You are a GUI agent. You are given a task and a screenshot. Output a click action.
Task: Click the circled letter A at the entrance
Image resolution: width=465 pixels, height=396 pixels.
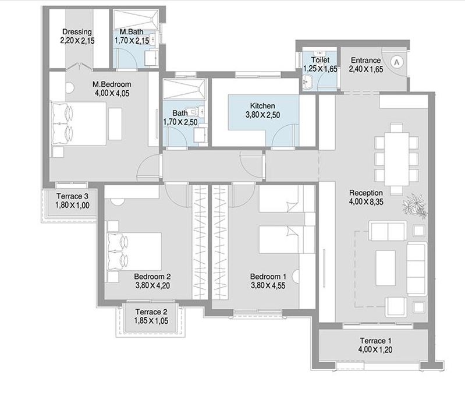coord(397,62)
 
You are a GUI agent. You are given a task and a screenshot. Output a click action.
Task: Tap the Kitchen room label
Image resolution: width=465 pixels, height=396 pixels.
coord(262,106)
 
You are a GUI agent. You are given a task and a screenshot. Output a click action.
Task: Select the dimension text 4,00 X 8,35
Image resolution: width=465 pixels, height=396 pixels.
coord(366,202)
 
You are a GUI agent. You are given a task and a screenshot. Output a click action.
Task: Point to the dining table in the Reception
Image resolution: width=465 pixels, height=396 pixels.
coord(396,159)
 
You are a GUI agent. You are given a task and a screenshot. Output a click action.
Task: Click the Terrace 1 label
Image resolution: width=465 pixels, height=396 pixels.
coord(375,341)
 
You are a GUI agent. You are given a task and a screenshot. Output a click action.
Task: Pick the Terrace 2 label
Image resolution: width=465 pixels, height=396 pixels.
coord(151,312)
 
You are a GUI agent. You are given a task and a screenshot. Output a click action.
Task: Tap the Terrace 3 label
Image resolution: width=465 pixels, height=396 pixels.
coord(72,196)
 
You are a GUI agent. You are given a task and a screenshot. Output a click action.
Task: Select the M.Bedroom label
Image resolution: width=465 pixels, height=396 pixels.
coord(112,84)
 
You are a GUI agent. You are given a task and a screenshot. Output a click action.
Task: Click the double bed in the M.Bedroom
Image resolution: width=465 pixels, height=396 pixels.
coord(79,124)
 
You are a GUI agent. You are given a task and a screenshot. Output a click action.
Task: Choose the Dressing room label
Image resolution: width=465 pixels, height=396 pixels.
coord(77,32)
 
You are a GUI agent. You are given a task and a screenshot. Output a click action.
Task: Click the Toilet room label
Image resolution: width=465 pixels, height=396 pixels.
coord(320,60)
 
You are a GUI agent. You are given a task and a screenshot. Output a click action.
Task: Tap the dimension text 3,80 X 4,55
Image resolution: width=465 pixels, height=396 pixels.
coord(268,285)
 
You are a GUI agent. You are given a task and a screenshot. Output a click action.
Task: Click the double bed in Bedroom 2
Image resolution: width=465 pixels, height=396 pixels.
coord(134,252)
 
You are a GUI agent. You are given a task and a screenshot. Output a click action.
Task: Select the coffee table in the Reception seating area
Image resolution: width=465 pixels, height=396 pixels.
coord(385,268)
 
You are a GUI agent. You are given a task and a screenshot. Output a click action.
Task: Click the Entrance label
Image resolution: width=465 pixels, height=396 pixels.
coord(365,60)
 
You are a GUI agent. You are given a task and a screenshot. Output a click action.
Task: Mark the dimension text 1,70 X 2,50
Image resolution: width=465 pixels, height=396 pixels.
coord(180,122)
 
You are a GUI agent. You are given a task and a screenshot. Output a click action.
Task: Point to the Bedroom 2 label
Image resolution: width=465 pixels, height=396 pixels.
coord(152,277)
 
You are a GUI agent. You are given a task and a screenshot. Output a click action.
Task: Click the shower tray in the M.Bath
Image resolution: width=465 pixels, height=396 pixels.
coord(136,20)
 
